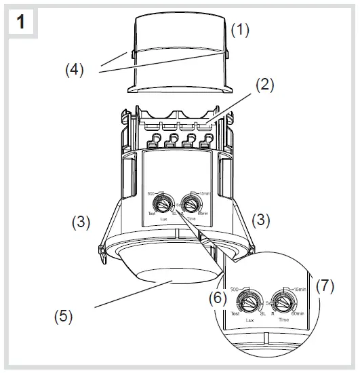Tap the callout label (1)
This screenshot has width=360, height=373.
coord(241,29)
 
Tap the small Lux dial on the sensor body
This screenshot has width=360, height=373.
coord(163,203)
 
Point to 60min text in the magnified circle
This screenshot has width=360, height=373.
coord(302,313)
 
